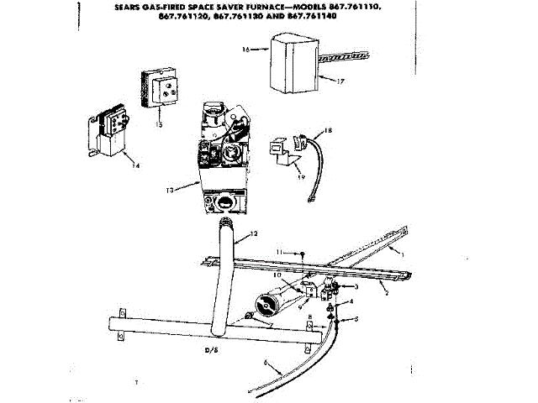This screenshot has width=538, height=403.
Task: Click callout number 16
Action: click(245, 50)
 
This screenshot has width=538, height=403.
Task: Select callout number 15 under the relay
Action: click(157, 123)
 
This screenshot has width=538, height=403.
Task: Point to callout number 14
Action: click(136, 165)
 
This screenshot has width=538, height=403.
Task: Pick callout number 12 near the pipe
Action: click(253, 233)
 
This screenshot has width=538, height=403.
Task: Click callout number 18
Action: click(330, 130)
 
